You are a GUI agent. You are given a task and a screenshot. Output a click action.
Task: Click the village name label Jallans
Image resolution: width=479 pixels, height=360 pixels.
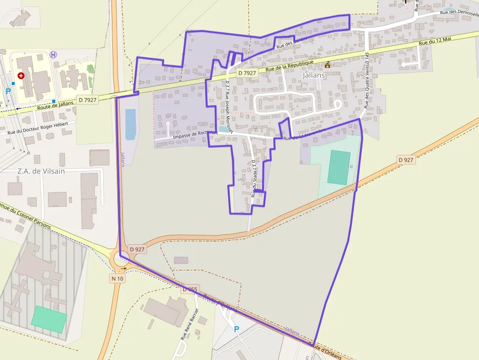pyautogui.click(x=313, y=75)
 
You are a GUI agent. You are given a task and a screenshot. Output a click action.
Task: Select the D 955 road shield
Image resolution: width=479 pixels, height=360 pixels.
pyautogui.click(x=190, y=289)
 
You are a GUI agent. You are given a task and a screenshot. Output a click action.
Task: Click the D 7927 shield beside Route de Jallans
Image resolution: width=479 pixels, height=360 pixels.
pyautogui.click(x=87, y=100)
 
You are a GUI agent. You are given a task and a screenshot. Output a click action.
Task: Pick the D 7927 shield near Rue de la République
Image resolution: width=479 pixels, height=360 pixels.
pyautogui.click(x=247, y=73)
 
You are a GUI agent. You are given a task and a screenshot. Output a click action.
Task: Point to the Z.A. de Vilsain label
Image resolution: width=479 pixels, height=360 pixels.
pyautogui.click(x=41, y=171)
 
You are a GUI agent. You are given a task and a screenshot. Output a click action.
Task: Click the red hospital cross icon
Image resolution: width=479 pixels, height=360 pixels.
pyautogui.click(x=21, y=76)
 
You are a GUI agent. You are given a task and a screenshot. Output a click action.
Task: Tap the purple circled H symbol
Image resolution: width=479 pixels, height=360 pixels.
pyautogui.click(x=53, y=55)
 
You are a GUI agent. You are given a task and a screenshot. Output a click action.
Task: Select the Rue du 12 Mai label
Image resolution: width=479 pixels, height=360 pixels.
pyautogui.click(x=435, y=42)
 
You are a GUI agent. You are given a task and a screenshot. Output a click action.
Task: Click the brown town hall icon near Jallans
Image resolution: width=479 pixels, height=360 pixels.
pyautogui.click(x=327, y=64)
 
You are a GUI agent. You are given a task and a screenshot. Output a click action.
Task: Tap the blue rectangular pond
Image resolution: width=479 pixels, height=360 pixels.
pyautogui.click(x=131, y=124)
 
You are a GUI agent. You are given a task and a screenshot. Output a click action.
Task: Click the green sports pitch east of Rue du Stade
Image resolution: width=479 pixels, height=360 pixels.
pyautogui.click(x=339, y=168)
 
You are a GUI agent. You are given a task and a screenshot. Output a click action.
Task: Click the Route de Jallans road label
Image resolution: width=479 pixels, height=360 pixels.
pyautogui.click(x=55, y=106)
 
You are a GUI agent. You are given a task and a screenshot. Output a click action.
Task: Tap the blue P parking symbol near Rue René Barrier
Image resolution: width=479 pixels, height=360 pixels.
pyautogui.click(x=237, y=329)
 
